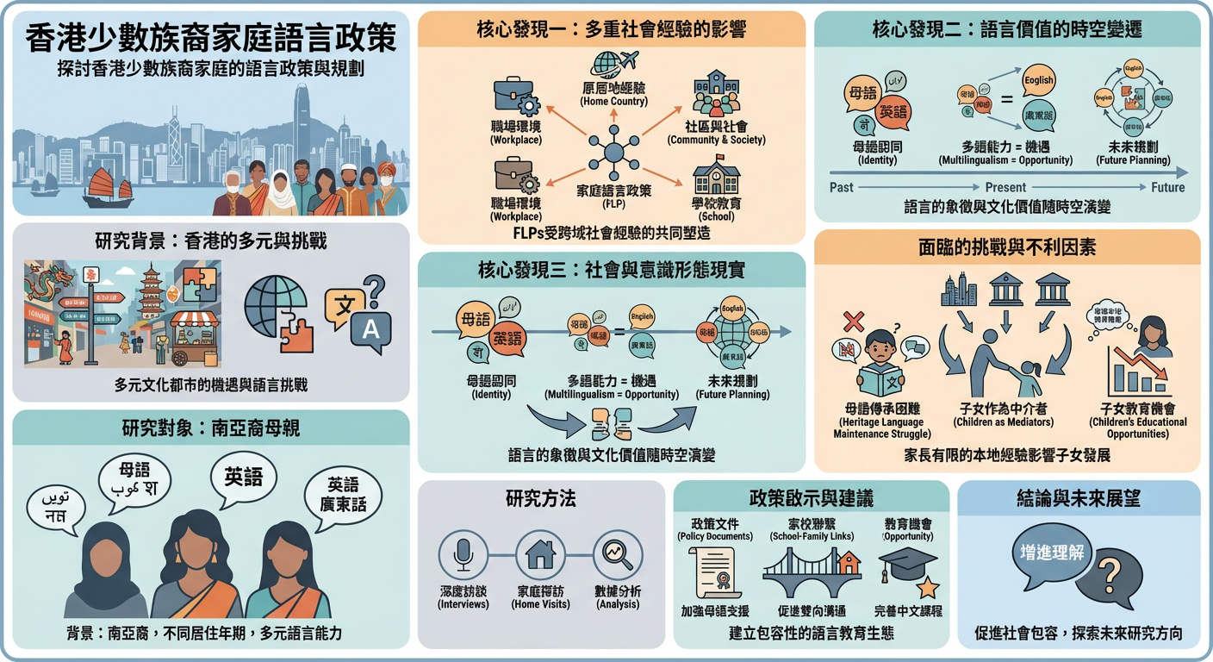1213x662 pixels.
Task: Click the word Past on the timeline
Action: click(842, 187)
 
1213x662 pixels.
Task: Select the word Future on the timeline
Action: click(1168, 187)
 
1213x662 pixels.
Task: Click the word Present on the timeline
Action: click(1005, 187)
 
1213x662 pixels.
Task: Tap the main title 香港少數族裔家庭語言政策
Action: click(211, 38)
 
